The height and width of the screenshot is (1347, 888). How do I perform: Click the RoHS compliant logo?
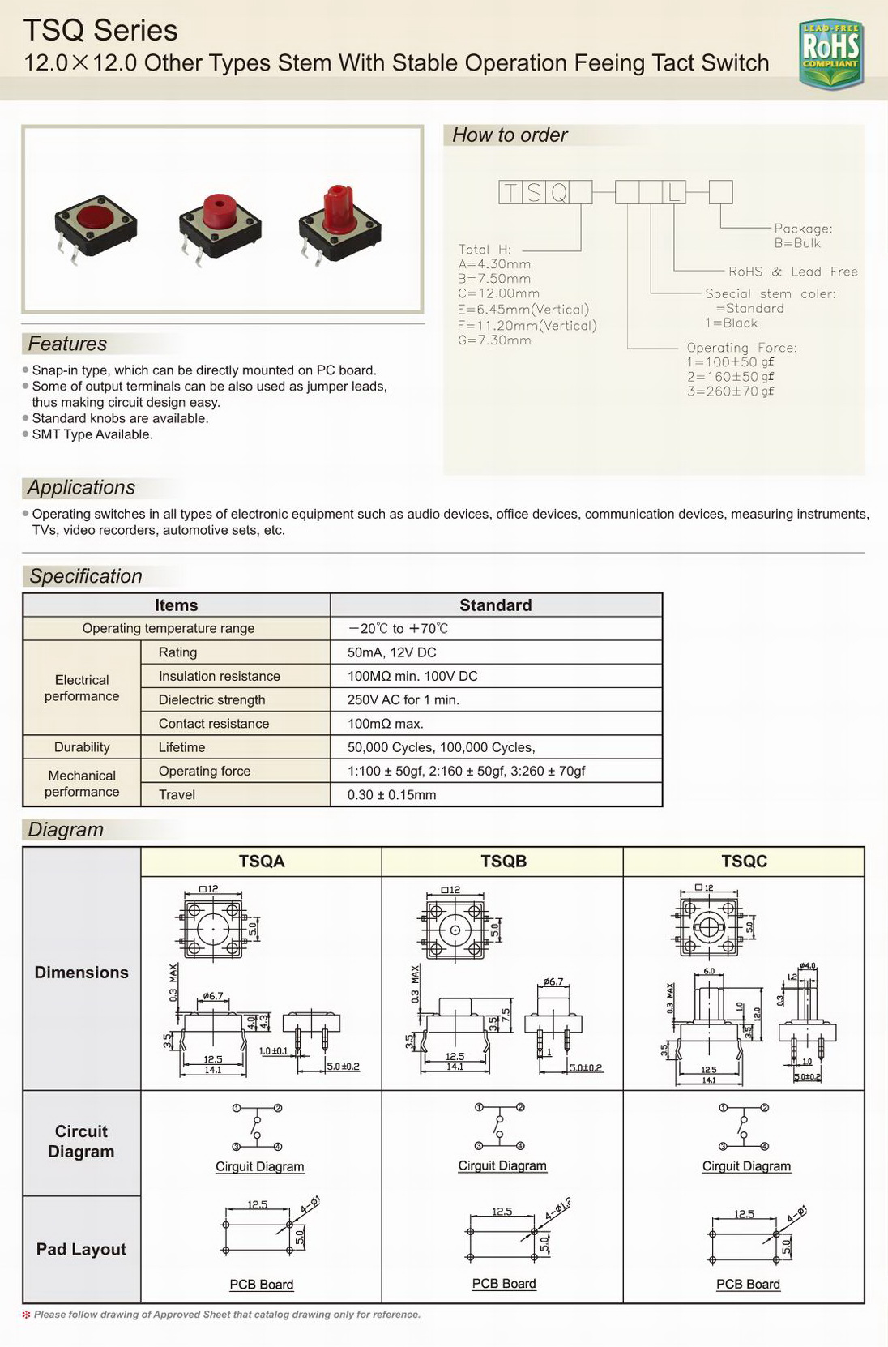tap(830, 53)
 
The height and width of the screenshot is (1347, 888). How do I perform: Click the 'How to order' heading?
tap(510, 135)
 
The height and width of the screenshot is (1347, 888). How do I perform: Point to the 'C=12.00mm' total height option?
tap(498, 293)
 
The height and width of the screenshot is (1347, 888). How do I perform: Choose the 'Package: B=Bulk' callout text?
tap(802, 236)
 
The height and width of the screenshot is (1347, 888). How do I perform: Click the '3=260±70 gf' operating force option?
tap(730, 391)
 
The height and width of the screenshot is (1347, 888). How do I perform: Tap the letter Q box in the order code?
tap(557, 192)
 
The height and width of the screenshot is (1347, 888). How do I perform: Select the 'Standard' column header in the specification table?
tap(495, 605)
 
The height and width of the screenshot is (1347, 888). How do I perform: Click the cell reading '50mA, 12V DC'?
tap(392, 652)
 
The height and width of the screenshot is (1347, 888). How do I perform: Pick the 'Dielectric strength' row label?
tap(211, 700)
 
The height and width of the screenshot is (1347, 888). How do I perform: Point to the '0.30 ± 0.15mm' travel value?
tap(391, 795)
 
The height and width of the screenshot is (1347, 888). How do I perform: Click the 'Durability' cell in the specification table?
tap(82, 747)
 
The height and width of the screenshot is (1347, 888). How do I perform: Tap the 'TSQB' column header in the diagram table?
tap(503, 862)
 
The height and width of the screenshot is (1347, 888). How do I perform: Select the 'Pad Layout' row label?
tap(81, 1249)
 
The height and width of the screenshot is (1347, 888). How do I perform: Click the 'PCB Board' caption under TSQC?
tap(748, 1284)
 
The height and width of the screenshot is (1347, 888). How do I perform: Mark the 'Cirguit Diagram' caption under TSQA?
tap(260, 1167)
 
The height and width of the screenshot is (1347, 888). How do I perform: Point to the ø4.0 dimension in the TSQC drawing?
tap(808, 966)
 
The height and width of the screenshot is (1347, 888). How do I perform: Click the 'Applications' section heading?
tap(81, 488)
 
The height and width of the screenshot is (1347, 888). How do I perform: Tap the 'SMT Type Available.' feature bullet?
tap(92, 434)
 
